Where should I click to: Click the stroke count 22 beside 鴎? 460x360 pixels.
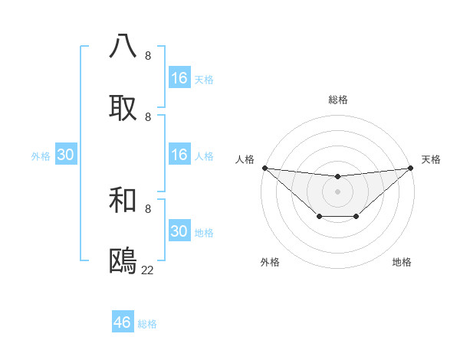[147, 270]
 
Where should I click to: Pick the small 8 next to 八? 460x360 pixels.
[148, 56]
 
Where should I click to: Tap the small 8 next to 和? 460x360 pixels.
[148, 208]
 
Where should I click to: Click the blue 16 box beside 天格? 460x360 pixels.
[179, 78]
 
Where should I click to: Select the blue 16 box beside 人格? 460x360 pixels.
[179, 155]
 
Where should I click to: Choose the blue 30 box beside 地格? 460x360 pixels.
[179, 231]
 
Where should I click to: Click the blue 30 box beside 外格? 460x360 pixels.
[66, 155]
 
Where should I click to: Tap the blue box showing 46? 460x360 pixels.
[123, 322]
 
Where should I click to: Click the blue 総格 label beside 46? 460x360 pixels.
[147, 324]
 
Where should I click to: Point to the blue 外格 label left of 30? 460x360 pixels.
[41, 156]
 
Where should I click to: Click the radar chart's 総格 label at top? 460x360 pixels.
[338, 100]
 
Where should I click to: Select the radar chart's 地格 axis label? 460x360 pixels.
[402, 262]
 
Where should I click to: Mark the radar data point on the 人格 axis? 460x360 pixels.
[264, 168]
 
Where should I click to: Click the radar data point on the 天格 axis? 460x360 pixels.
[411, 168]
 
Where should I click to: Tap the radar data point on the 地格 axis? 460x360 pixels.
[356, 218]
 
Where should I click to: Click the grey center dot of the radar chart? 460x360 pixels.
[338, 191]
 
